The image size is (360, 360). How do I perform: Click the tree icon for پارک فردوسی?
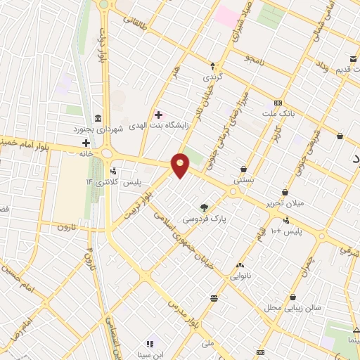pyautogui.click(x=204, y=207)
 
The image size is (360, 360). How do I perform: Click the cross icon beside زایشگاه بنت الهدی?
pyautogui.click(x=158, y=114)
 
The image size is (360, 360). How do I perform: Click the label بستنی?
pyautogui.click(x=243, y=180)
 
